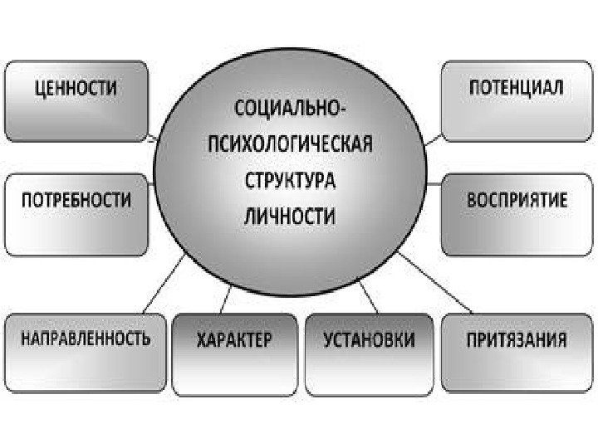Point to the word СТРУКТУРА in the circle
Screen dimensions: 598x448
pyautogui.click(x=289, y=179)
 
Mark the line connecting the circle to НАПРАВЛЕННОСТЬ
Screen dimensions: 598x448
pyautogui.click(x=164, y=286)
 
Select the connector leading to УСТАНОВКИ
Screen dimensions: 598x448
pyautogui.click(x=366, y=297)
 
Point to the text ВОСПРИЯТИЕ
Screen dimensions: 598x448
pyautogui.click(x=517, y=201)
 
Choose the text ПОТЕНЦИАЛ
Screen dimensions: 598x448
pyautogui.click(x=516, y=87)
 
